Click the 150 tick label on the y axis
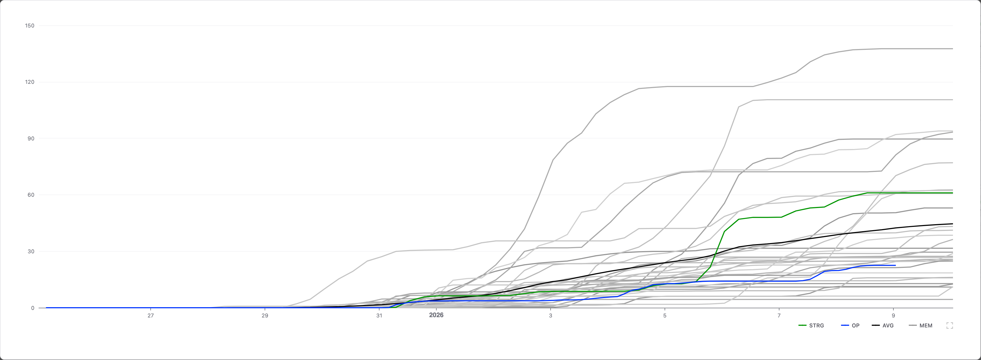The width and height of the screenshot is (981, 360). [29, 26]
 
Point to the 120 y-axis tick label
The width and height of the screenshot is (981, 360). [29, 82]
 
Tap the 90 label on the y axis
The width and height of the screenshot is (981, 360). [30, 138]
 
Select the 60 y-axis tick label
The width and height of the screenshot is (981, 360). [30, 195]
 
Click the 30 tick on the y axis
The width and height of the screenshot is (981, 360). [30, 251]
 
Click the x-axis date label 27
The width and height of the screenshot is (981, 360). [151, 316]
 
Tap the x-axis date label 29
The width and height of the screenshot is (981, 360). [265, 316]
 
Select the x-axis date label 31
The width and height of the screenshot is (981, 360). [379, 316]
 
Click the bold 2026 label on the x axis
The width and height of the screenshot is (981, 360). [436, 315]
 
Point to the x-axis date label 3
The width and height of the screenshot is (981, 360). [550, 316]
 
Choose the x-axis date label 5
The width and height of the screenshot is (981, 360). [665, 316]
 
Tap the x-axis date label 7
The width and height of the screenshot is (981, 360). [779, 316]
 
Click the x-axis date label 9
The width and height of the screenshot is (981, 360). [893, 316]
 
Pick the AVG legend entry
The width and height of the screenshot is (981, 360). [883, 325]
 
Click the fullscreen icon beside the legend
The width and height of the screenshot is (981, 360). [949, 325]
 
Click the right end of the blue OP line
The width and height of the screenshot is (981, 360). [895, 265]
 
